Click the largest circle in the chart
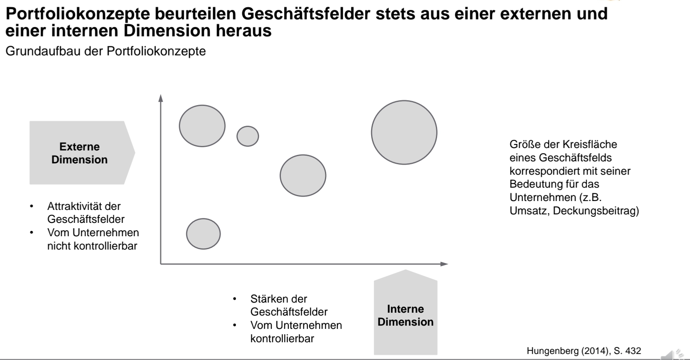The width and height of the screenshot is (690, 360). tap(404, 132)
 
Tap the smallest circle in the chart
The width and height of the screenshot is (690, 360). tap(248, 136)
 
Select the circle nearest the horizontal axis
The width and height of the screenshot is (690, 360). tap(203, 234)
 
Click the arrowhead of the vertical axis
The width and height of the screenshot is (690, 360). tap(161, 98)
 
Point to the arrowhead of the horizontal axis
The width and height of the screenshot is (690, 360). tap(444, 264)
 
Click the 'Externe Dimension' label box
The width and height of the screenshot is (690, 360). tap(82, 153)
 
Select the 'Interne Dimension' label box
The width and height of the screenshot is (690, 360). tap(406, 312)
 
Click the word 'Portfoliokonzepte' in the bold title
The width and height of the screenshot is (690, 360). tap(78, 14)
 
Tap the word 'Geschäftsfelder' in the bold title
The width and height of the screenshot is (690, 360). tap(306, 13)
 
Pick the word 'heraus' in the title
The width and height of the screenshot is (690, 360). tap(244, 31)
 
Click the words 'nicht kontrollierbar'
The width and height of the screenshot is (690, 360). tap(92, 246)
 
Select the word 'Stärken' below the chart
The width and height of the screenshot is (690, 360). tap(268, 299)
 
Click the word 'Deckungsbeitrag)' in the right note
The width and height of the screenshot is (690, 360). tap(596, 211)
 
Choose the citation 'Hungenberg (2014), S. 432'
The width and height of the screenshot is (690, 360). tap(584, 351)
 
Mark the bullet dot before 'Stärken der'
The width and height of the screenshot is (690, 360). tap(235, 299)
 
